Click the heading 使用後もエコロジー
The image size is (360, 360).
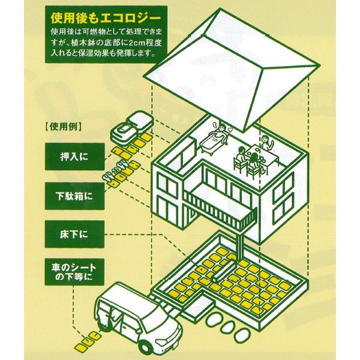(x=106, y=19)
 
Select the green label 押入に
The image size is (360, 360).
(x=74, y=157)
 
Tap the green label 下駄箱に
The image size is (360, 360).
(x=74, y=196)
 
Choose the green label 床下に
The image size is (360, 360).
(x=74, y=235)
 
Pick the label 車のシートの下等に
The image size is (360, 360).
(x=74, y=272)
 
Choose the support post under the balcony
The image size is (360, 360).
(x=241, y=248)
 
